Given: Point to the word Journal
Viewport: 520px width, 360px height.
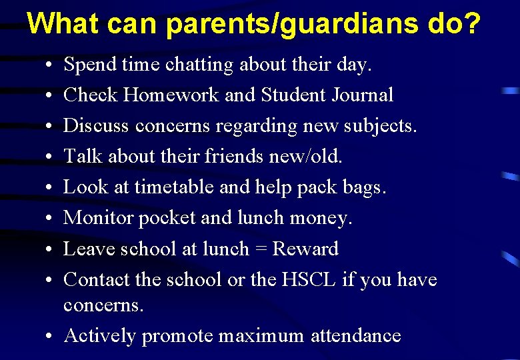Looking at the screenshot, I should coord(363,95).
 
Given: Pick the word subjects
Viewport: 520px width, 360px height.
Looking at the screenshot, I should coord(379,126).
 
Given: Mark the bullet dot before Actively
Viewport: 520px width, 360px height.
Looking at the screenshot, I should coord(51,336).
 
